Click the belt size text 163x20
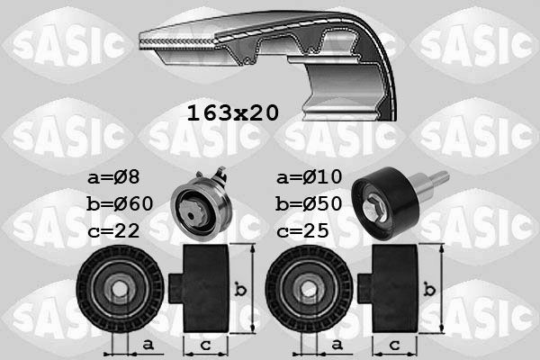[x=232, y=113]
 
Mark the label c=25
[x=303, y=230]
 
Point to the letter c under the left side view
[x=207, y=345]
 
